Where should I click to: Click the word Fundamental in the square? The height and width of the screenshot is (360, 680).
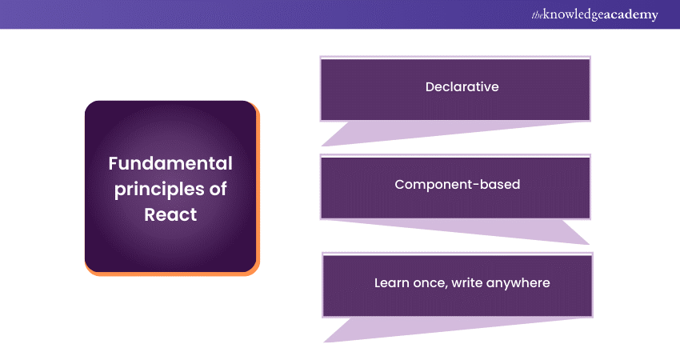point(170,163)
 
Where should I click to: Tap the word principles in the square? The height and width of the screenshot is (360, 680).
point(158,190)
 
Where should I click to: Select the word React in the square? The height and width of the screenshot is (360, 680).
point(170,214)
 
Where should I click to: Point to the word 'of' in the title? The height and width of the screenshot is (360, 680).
point(218,189)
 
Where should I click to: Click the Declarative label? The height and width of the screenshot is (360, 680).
point(462,86)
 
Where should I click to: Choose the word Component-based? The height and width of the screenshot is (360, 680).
point(457,184)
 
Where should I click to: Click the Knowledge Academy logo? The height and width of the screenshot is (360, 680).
point(594,14)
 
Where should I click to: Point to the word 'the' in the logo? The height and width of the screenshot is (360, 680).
point(537,15)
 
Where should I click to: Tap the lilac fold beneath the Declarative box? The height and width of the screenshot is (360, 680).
point(434,131)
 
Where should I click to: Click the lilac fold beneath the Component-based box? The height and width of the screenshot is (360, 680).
point(477,229)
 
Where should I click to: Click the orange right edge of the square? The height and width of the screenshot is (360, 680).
point(258,189)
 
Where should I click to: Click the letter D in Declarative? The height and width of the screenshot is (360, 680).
point(430,86)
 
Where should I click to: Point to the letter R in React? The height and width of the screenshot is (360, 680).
point(150,214)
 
